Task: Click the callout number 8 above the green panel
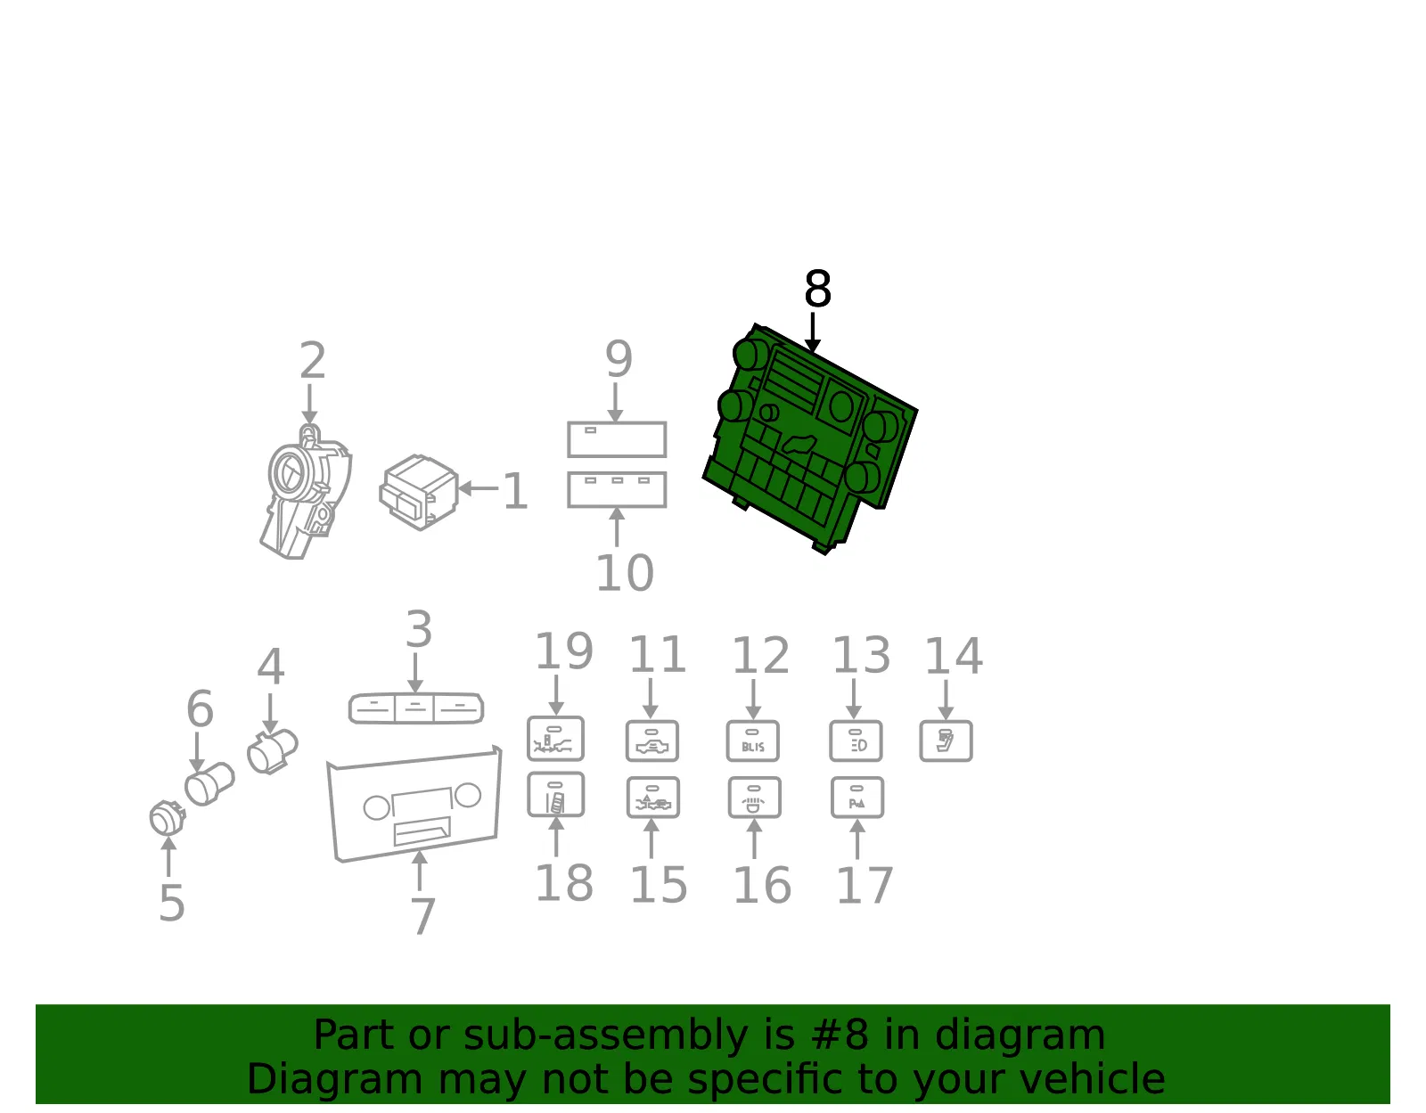(x=817, y=289)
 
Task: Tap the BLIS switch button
(x=753, y=741)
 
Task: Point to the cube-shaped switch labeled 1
(x=419, y=492)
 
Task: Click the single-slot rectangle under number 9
(x=617, y=438)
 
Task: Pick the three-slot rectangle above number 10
(x=617, y=489)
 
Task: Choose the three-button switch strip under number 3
(x=416, y=708)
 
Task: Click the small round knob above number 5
(x=167, y=817)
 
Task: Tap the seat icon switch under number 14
(x=946, y=741)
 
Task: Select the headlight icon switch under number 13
(x=856, y=741)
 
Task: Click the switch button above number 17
(x=857, y=797)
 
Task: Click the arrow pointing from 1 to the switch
(x=479, y=488)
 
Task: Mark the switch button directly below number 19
(x=555, y=738)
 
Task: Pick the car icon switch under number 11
(x=652, y=741)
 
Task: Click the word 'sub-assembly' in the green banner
(x=606, y=1035)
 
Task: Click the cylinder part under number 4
(x=273, y=750)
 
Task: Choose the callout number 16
(x=762, y=886)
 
